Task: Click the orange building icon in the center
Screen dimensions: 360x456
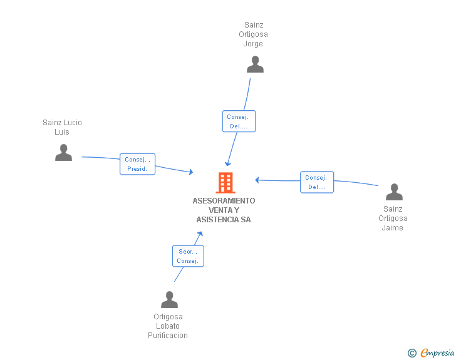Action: coord(225,182)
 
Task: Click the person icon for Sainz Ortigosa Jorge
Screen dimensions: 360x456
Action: coord(255,64)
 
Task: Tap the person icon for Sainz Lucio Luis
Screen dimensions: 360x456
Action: coord(63,153)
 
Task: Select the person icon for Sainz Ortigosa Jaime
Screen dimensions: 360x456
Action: coord(394,192)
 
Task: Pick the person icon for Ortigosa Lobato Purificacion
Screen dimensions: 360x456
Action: coord(169,300)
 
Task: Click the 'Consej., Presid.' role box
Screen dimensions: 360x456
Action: coord(137,164)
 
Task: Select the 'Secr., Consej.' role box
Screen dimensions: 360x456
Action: coord(188,256)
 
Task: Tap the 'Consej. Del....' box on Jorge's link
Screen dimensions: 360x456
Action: coord(239,121)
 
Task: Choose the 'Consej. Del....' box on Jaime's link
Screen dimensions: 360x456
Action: coord(316,182)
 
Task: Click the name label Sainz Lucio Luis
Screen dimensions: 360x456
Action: coord(62,127)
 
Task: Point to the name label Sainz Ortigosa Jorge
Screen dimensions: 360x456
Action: coord(253,34)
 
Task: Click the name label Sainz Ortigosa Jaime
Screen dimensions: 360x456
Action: coord(393,219)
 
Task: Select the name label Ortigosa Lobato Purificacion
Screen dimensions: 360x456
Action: coord(168,326)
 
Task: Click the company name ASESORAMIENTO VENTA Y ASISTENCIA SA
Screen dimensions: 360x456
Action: coord(224,210)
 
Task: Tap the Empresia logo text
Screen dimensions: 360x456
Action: coord(437,353)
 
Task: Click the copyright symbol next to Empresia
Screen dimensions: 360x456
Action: coord(412,353)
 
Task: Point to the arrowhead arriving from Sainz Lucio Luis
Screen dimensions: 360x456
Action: coord(191,172)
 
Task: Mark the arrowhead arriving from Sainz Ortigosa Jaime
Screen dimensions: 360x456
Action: coord(257,180)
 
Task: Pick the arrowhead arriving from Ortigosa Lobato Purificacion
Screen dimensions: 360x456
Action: coord(200,234)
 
